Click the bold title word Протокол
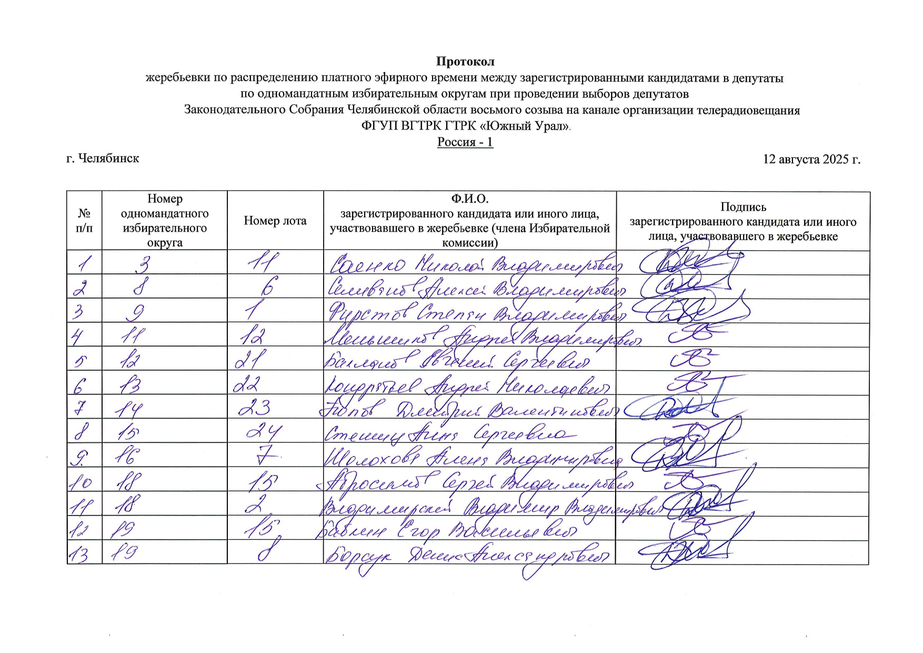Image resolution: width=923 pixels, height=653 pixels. [465, 62]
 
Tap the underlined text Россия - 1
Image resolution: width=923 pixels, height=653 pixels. [465, 142]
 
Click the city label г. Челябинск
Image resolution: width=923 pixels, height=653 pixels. [103, 159]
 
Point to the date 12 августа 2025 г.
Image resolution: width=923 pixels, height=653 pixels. [811, 159]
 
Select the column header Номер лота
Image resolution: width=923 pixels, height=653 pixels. [275, 221]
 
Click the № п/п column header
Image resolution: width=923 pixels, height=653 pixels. [84, 221]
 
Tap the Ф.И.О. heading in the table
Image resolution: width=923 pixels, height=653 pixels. [469, 199]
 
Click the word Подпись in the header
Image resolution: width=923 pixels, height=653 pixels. [743, 207]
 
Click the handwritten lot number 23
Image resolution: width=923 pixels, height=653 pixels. [255, 407]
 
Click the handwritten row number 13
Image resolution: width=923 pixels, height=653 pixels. [79, 553]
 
